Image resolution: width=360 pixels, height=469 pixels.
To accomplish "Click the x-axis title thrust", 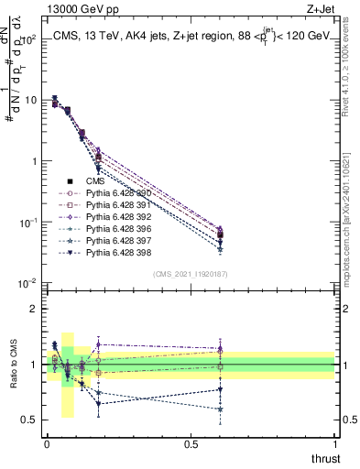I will (x=327, y=458).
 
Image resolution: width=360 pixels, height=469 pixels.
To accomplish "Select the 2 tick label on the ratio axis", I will (x=31, y=309).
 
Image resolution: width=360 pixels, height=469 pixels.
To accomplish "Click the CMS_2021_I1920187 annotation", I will (x=190, y=274).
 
